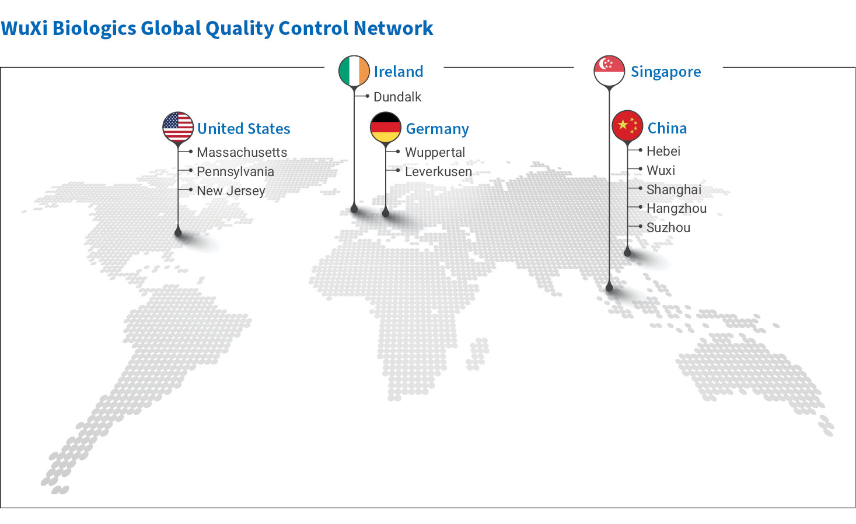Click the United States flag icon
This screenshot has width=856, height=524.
click(x=178, y=127)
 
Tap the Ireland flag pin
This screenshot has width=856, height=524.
click(x=354, y=71)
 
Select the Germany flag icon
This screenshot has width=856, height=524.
click(x=386, y=128)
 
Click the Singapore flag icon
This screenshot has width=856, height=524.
click(x=609, y=71)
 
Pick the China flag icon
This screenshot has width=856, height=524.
click(x=627, y=126)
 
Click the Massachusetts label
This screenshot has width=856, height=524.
click(x=242, y=152)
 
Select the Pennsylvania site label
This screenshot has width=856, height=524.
click(x=235, y=172)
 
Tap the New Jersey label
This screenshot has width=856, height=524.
click(x=231, y=191)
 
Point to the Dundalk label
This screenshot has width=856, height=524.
click(x=397, y=97)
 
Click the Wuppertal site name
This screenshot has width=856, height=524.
click(x=435, y=152)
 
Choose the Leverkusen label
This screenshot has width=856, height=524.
click(x=438, y=172)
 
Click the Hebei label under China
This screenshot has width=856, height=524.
click(x=663, y=151)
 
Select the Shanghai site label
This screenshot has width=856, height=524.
click(x=674, y=189)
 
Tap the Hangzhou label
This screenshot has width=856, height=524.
click(x=676, y=209)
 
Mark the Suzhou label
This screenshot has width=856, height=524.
click(x=668, y=227)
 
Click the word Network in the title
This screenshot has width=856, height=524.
click(x=393, y=28)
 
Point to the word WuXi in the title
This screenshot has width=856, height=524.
click(x=24, y=28)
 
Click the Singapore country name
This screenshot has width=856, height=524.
click(x=666, y=72)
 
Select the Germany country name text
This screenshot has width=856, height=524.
click(x=437, y=129)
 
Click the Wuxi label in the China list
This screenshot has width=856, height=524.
click(x=661, y=170)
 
